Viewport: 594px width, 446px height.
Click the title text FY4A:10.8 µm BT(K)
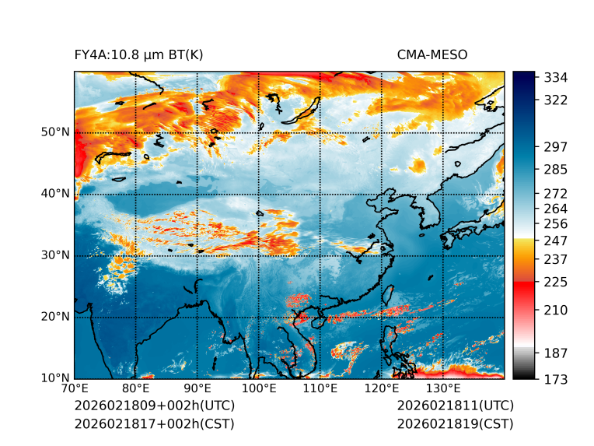tap(138, 54)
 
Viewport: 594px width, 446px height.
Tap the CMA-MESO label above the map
tap(432, 54)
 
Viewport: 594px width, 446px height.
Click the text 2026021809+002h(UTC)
tap(154, 406)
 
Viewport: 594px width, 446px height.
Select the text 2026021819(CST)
tap(455, 423)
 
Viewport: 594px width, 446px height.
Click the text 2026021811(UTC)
tap(455, 406)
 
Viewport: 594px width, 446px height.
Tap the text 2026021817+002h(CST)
tap(154, 423)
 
